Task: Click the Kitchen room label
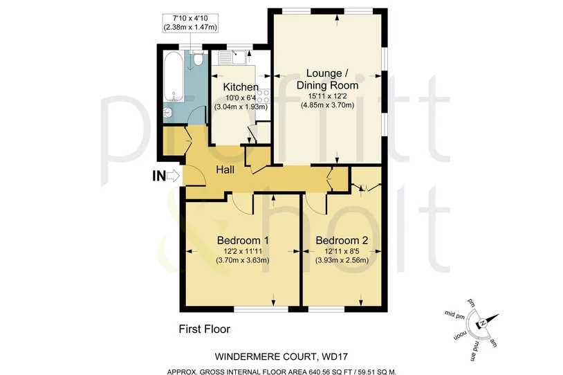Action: point(241,87)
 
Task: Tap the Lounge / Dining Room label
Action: point(327,80)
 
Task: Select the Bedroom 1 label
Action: point(243,240)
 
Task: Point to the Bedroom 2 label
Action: point(342,240)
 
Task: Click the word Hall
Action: point(225,170)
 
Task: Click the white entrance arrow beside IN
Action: point(174,176)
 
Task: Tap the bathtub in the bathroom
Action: point(174,76)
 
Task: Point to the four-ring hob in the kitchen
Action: point(264,96)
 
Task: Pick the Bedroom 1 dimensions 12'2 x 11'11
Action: point(243,252)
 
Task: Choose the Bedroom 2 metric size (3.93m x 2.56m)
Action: point(342,260)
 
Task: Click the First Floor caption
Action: point(204,329)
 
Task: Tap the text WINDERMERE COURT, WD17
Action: point(281,357)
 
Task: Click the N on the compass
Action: point(483,323)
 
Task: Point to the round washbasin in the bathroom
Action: point(167,112)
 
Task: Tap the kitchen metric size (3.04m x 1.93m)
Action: point(241,107)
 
